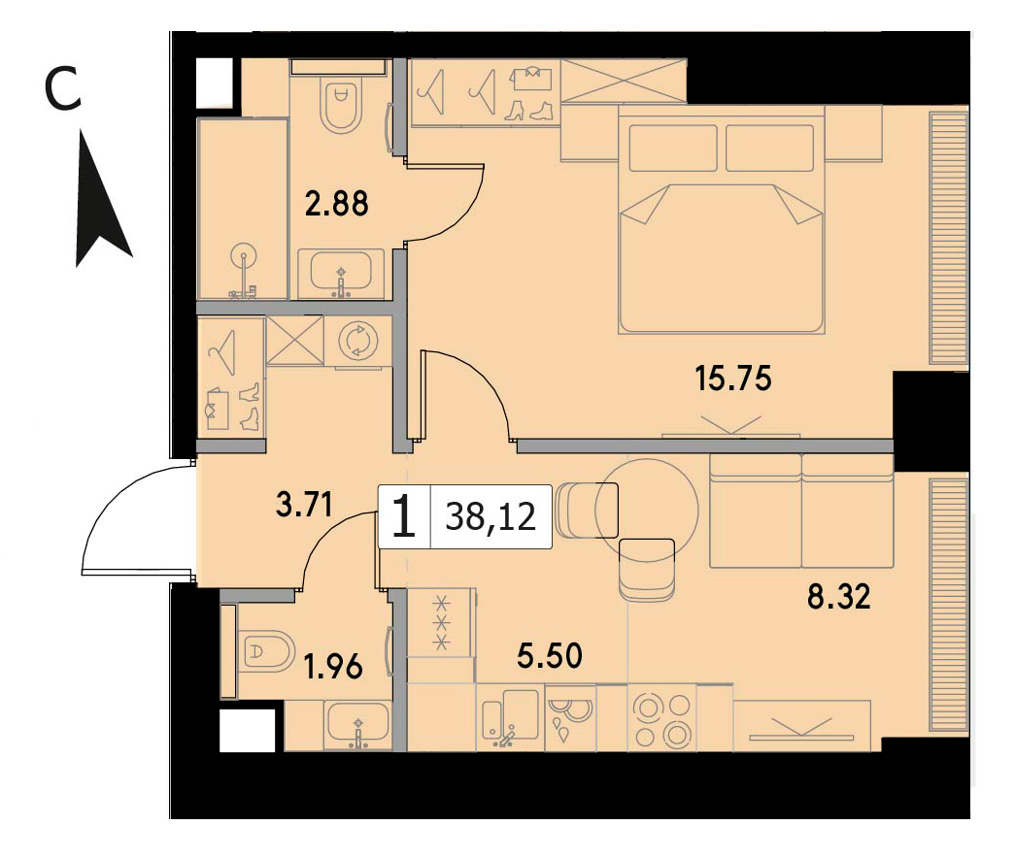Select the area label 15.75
[733, 378]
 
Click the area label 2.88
[337, 203]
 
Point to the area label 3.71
[304, 504]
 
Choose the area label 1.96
[333, 667]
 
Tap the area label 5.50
[550, 655]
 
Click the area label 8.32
[839, 596]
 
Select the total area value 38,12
[491, 516]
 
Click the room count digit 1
[404, 516]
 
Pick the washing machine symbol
[356, 341]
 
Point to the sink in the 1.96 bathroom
[358, 723]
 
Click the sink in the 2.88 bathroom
[341, 273]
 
